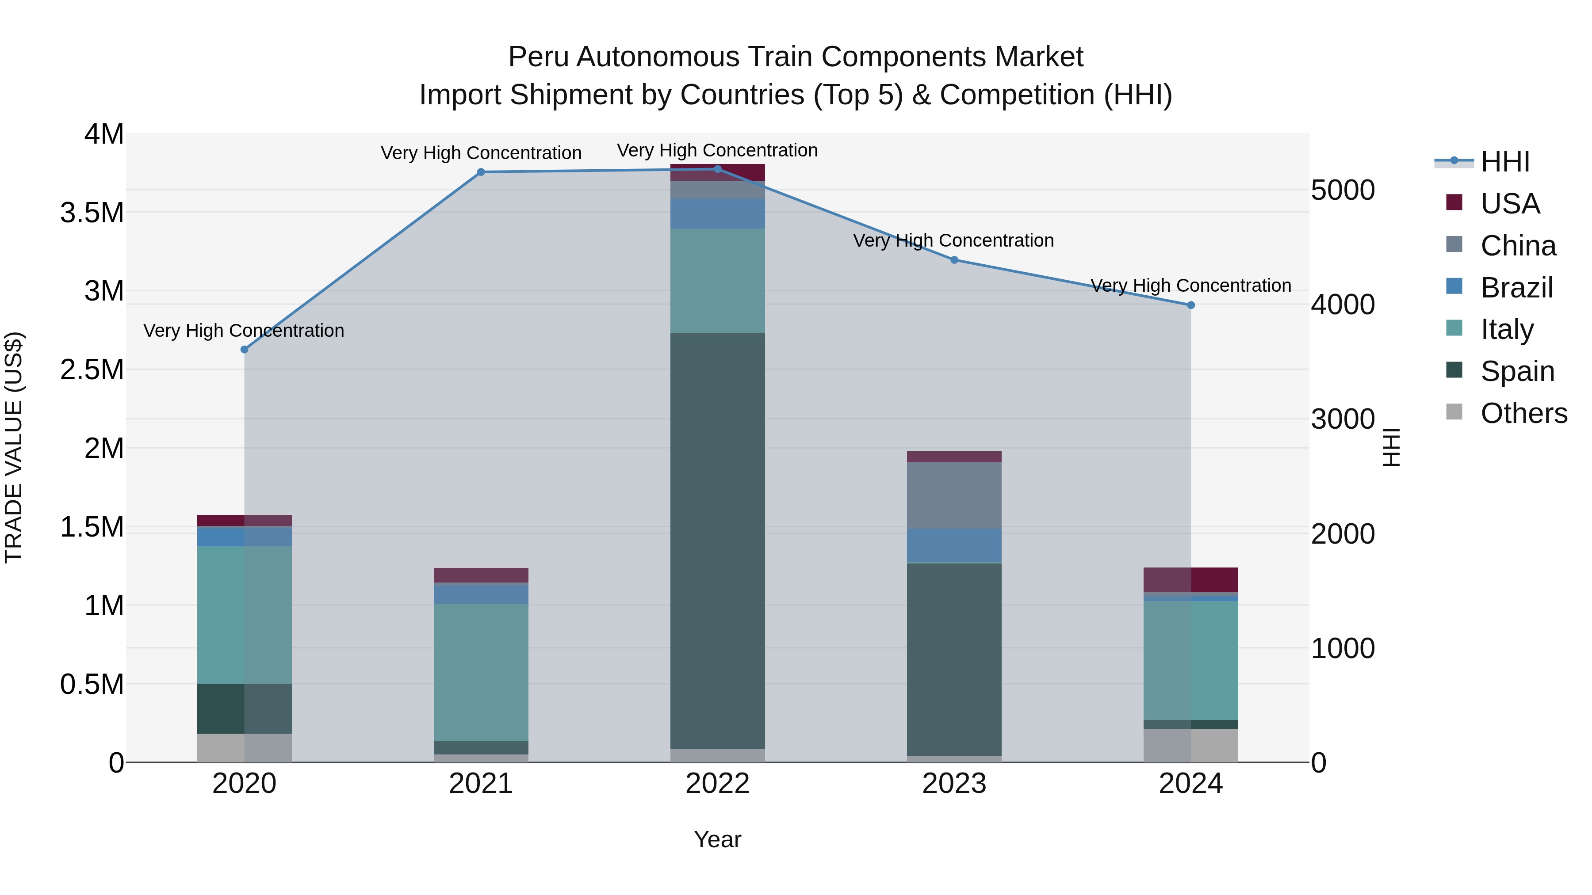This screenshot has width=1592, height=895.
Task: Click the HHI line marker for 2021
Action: tap(481, 172)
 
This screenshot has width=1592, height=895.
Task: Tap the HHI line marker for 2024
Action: tap(1191, 305)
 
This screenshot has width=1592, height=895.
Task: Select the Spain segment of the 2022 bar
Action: tap(718, 541)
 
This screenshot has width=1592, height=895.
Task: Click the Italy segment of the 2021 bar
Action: tap(481, 672)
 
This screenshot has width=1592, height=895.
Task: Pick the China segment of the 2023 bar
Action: tap(954, 495)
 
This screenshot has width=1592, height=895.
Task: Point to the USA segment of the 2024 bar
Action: tap(1191, 580)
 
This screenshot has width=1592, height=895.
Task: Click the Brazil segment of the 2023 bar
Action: tap(954, 545)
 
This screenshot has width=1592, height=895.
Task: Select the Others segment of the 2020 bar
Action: tap(244, 748)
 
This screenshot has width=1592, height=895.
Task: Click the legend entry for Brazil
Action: tap(1516, 288)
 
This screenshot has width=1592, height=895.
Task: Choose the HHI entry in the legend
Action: tap(1505, 162)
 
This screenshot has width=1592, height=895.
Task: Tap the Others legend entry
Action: tap(1523, 413)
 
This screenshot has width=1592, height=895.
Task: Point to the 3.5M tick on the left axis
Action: tap(92, 213)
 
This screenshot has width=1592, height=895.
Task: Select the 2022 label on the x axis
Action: tap(718, 784)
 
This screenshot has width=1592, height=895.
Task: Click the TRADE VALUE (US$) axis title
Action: tap(14, 447)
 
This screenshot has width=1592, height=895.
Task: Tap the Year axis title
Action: tap(718, 839)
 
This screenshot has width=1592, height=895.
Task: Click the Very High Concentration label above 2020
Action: tap(244, 331)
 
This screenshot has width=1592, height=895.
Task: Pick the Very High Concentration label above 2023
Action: tap(953, 241)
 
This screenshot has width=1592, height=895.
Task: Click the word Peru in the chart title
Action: tap(539, 57)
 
